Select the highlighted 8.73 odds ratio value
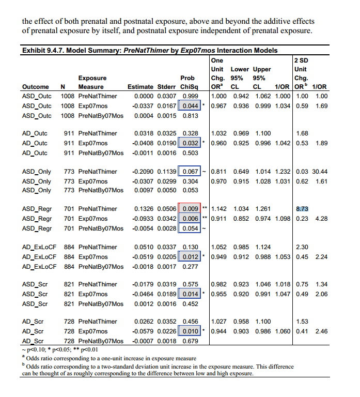tap(302, 209)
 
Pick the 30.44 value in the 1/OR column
tap(320, 172)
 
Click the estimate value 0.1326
tap(144, 209)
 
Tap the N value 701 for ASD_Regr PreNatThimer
tap(67, 209)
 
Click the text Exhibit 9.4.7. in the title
tap(44, 51)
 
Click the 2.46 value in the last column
tap(321, 331)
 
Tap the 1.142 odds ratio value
tap(220, 209)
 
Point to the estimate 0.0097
tap(144, 190)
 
